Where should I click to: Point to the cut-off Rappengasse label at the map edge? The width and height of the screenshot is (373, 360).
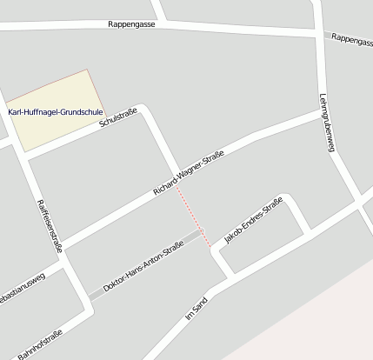(x=351, y=40)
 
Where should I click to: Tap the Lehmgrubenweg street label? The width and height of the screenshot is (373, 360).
(x=326, y=123)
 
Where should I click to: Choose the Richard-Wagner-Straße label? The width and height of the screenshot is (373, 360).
(x=189, y=172)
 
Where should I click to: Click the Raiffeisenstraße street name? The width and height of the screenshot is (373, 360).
(x=50, y=225)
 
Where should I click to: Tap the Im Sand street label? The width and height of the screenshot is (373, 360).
(x=197, y=310)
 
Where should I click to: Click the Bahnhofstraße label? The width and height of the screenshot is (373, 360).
(x=40, y=341)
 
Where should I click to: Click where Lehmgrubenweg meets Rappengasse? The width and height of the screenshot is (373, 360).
(x=321, y=32)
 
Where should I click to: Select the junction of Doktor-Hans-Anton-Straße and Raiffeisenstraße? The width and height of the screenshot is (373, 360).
(x=90, y=300)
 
